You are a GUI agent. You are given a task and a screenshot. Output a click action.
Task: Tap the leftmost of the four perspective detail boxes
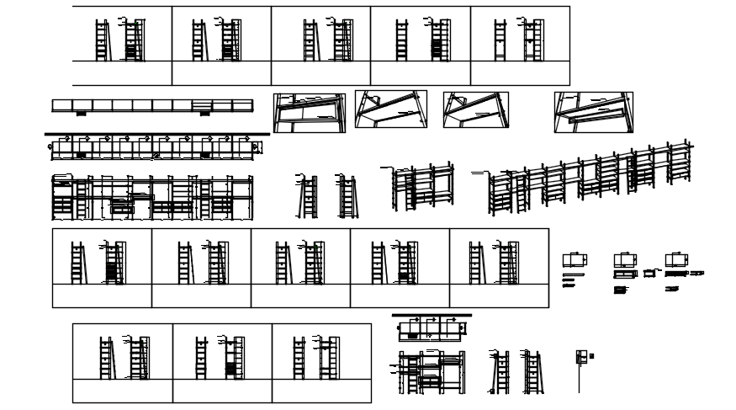(309, 112)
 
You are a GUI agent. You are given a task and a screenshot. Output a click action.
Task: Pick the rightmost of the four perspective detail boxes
(593, 112)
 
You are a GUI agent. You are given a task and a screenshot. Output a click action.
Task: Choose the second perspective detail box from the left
(391, 109)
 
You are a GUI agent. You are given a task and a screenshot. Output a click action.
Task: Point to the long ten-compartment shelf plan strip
(152, 106)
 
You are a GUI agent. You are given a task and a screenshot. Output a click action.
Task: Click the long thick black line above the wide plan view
(156, 133)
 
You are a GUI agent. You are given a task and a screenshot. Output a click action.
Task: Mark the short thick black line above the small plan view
(432, 316)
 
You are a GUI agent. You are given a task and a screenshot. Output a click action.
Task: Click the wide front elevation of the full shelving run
(152, 197)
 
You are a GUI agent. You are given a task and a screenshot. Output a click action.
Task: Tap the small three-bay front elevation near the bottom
(432, 372)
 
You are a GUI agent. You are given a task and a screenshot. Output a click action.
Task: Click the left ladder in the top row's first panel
(103, 40)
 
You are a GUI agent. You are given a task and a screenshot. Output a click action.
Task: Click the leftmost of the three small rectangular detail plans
(575, 260)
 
